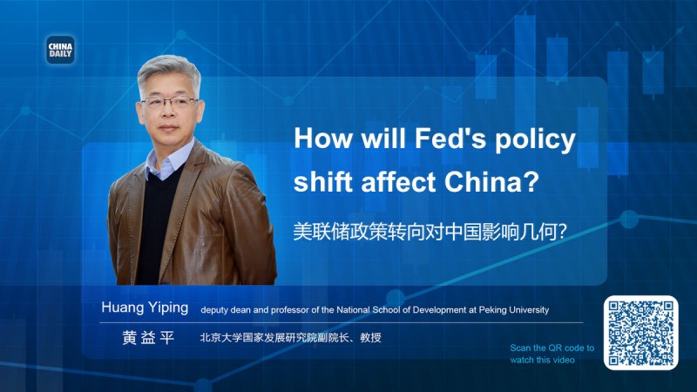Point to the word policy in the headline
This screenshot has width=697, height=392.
538,139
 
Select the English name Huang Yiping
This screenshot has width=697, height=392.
145,309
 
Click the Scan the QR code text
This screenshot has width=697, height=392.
552,348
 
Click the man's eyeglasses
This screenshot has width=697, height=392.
169,102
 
